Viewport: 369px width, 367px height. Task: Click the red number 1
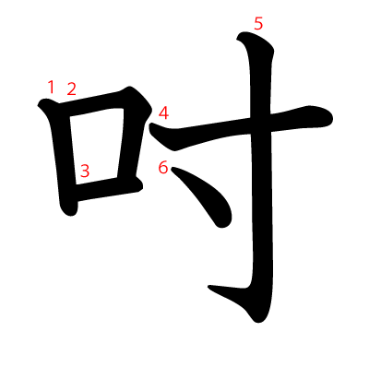[51, 87]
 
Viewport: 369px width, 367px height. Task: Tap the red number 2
[71, 89]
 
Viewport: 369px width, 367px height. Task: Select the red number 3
[85, 171]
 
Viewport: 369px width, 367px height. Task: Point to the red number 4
[163, 112]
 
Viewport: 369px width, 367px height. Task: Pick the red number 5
[258, 24]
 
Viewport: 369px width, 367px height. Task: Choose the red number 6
[163, 168]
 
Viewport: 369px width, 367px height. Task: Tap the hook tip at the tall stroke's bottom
[208, 287]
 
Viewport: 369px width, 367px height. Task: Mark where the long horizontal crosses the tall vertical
[261, 125]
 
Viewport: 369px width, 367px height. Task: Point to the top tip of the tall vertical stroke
[238, 38]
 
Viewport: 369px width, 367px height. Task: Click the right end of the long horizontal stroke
[331, 117]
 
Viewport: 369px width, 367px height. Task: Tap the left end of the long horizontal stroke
[150, 126]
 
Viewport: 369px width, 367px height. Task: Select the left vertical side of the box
[62, 157]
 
